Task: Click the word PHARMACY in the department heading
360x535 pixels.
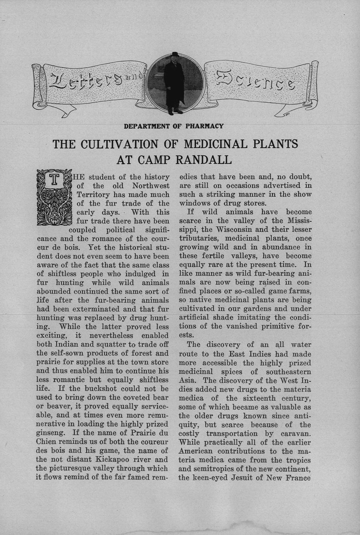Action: tap(204, 126)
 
